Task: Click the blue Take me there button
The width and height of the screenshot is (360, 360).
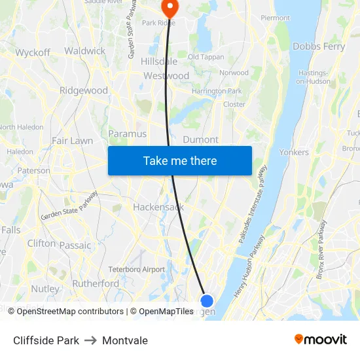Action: point(180,160)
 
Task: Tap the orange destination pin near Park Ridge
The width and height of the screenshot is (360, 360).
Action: point(170,8)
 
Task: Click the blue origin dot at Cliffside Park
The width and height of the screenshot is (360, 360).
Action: point(206,300)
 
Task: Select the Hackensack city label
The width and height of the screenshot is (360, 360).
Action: point(158,207)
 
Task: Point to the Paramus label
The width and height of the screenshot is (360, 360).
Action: point(127,134)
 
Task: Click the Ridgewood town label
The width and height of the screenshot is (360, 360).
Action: point(84,90)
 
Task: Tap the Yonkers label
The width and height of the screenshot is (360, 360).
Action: point(293,152)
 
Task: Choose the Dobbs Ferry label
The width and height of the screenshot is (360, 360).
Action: point(319,46)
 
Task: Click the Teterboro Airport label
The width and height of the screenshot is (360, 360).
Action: point(137,269)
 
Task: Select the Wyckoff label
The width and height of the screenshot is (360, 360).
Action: point(33,52)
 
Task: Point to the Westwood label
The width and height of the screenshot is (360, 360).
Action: point(166,76)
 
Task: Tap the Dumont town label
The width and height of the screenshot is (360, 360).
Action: point(200,139)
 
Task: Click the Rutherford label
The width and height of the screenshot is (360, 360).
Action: point(96,283)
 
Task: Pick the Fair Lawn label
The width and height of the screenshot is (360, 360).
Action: point(72,141)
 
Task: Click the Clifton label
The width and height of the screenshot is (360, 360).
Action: point(42,243)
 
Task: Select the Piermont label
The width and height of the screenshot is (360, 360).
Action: point(275,18)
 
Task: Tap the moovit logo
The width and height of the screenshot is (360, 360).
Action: point(321,339)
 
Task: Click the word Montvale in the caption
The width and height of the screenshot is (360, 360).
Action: point(125,340)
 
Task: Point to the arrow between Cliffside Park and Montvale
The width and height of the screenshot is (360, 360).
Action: point(90,340)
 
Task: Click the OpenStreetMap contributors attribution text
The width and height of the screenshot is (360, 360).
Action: point(65,312)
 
